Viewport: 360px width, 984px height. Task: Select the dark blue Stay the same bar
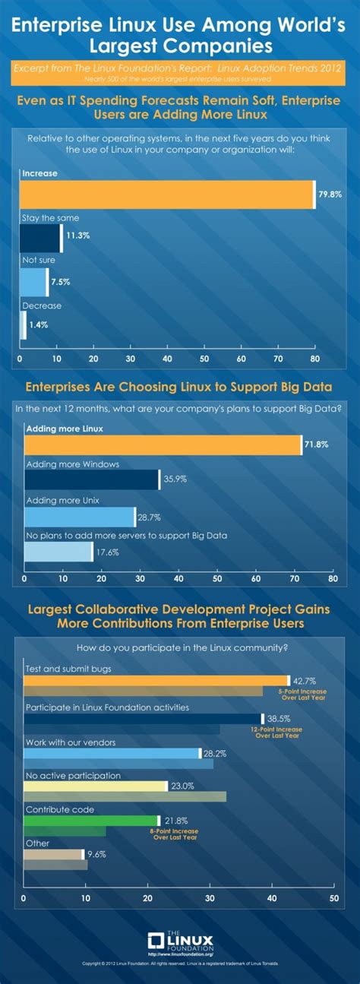pos(39,238)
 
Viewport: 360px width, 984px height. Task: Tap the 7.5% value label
pos(61,282)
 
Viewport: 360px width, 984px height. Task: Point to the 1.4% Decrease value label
pos(38,324)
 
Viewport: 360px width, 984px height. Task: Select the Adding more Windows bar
pos(91,480)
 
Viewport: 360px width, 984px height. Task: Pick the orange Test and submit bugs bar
pos(156,681)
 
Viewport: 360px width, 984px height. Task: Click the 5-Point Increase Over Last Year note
pos(302,695)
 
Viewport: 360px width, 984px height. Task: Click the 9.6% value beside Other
pos(97,854)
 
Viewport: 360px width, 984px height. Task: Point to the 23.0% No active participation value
pos(182,786)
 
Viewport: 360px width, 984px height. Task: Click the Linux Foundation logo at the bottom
pos(180,943)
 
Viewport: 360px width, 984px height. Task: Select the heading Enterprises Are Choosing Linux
pos(179,387)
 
